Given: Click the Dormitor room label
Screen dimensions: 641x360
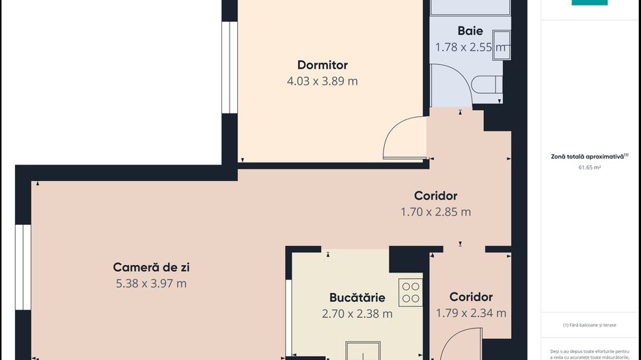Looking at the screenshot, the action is click(323, 65).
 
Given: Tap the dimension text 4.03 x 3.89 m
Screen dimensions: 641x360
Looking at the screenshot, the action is click(323, 81).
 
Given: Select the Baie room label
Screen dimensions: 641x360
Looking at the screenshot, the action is click(470, 31).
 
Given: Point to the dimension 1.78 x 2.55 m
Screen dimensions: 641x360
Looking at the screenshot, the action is click(470, 47).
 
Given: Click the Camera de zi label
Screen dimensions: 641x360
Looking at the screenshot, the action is click(151, 267).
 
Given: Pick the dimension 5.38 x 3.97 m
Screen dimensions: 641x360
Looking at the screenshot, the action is click(151, 283).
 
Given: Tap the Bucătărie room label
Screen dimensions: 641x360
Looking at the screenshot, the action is click(357, 297).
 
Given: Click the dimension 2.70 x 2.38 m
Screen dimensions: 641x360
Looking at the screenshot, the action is click(357, 314).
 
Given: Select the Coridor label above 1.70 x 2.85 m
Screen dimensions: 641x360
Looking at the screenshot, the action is click(436, 196).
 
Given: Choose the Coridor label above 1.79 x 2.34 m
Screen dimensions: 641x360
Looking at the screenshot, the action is click(471, 296).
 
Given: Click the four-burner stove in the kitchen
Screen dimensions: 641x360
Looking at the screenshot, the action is click(411, 292).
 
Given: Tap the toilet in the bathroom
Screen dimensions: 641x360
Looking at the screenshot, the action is click(487, 85).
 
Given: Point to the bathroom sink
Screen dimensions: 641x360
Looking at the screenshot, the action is click(501, 45).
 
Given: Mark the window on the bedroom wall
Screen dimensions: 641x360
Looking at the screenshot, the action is click(230, 68).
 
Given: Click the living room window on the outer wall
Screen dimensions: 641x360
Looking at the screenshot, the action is click(23, 267).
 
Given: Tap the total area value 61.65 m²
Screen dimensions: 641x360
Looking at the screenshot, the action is click(589, 167).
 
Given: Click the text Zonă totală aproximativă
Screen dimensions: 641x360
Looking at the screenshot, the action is click(588, 156).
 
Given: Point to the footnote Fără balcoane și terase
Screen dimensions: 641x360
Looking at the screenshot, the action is click(589, 325).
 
